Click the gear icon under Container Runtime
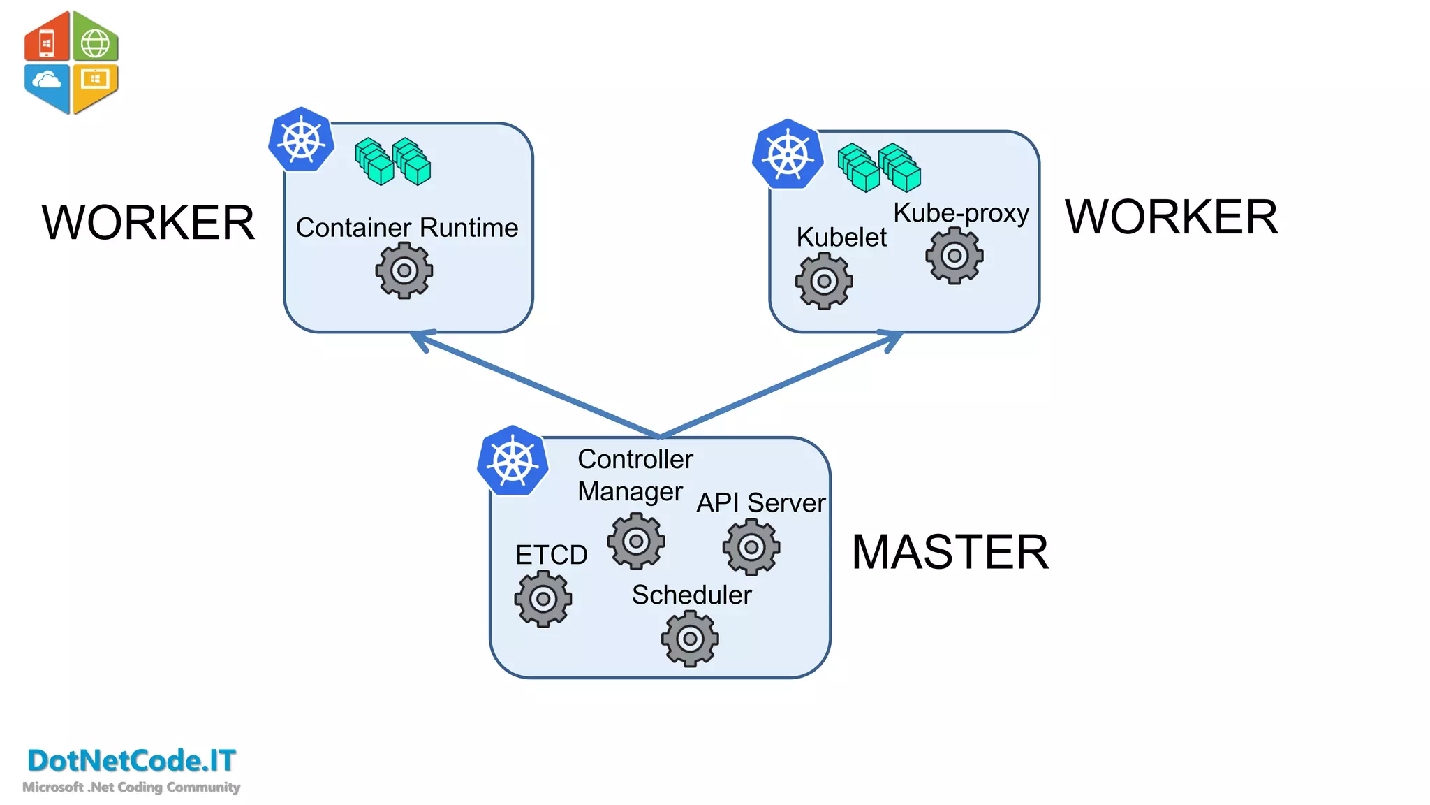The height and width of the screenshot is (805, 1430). tap(404, 270)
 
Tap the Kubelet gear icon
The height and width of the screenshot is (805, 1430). tap(823, 281)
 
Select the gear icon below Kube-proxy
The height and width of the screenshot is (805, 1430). tap(954, 256)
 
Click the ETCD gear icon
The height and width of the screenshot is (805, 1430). tap(543, 598)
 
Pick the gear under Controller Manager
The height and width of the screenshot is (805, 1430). tap(635, 541)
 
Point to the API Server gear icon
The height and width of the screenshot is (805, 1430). tap(751, 547)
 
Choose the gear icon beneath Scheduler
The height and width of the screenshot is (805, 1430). tap(689, 638)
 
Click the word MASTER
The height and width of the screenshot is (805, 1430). tap(950, 552)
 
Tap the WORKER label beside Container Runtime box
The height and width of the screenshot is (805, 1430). tap(148, 223)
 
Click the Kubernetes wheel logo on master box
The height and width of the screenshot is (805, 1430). tap(513, 461)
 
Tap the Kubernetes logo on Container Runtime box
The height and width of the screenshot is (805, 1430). tap(302, 140)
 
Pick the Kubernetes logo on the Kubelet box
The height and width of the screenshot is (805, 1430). tap(788, 154)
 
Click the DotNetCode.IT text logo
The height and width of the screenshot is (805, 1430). tap(131, 760)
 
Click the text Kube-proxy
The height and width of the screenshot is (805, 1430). tap(961, 212)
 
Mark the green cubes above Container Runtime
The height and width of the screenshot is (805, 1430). tap(392, 162)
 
